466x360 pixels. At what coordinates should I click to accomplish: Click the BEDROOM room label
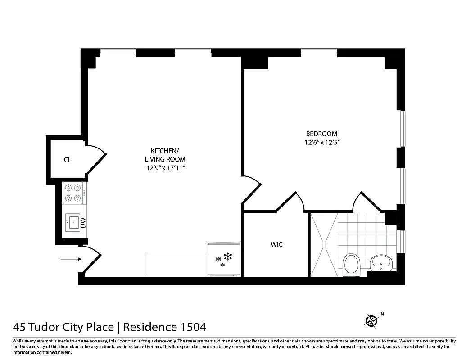point(321,134)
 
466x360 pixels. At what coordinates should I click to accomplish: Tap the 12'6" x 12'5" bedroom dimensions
point(321,143)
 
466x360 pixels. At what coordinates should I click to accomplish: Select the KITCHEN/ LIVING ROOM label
point(165,155)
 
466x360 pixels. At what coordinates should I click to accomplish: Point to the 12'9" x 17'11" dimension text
point(165,168)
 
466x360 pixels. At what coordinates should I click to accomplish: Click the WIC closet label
point(276,244)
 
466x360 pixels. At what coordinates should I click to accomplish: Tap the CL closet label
point(68,159)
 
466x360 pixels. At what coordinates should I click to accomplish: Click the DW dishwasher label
point(83,222)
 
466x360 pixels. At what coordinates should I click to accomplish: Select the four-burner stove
point(73,193)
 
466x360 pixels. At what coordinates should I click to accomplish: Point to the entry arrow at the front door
point(72,259)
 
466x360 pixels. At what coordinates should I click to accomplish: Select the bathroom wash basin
point(381,262)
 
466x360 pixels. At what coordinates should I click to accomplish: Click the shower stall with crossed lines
point(323,244)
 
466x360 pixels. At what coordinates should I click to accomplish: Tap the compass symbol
point(371,320)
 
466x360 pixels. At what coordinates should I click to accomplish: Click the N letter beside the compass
point(382,314)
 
